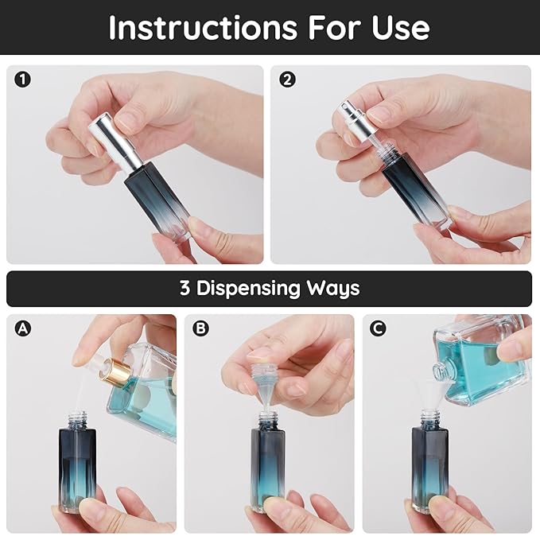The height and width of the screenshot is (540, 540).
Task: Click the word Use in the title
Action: [x=402, y=27]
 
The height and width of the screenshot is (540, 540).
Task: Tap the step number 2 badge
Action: [x=287, y=80]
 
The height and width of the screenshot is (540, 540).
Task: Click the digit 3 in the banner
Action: [x=185, y=288]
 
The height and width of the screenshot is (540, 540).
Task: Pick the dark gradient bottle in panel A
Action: [x=77, y=465]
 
